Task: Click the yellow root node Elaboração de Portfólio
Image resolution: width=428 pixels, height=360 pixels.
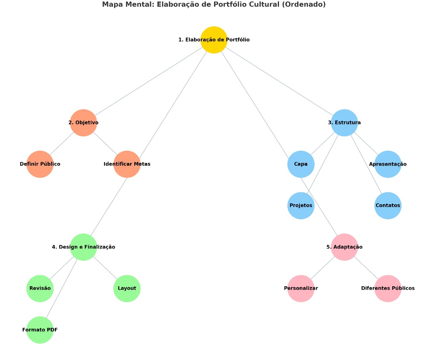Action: (214, 40)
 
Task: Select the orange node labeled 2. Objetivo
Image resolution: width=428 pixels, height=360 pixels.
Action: (84, 123)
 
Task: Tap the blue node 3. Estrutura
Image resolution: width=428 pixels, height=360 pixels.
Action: (344, 123)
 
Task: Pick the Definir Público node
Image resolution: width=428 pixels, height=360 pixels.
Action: (40, 164)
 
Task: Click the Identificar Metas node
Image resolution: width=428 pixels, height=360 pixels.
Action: (127, 164)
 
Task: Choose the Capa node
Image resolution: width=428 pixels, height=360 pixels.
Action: (301, 164)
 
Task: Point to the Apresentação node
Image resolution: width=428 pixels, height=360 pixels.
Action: (388, 164)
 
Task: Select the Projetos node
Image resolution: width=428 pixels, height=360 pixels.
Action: (301, 205)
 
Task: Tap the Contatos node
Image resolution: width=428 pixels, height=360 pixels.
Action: (388, 205)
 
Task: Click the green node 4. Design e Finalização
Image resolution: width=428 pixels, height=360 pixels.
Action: (84, 247)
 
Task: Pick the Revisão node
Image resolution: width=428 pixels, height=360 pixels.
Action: (40, 288)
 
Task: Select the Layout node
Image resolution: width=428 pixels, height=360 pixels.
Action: (127, 288)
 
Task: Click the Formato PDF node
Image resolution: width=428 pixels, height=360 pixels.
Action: (40, 330)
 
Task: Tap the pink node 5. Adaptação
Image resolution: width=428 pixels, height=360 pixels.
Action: (344, 247)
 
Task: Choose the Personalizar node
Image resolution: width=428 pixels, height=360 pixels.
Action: (301, 288)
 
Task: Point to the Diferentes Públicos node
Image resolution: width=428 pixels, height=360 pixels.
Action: (388, 288)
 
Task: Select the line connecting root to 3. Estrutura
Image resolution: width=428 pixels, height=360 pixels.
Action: (279, 81)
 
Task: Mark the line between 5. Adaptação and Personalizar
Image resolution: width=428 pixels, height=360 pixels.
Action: (323, 268)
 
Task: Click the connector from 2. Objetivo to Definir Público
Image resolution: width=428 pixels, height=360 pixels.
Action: (62, 143)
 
